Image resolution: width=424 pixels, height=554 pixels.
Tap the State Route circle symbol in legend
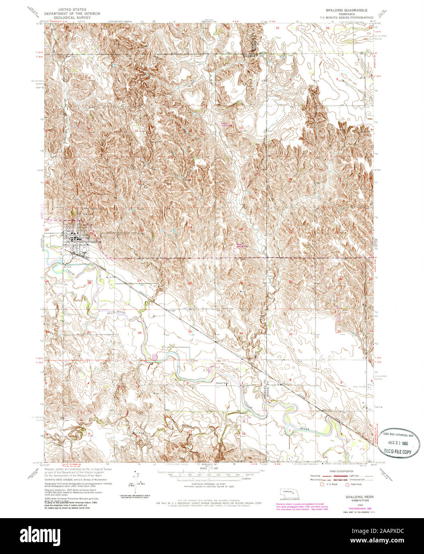pos(347,484)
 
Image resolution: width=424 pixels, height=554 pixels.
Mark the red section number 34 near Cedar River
pos(139,332)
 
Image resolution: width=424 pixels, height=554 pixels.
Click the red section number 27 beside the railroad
pos(139,281)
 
